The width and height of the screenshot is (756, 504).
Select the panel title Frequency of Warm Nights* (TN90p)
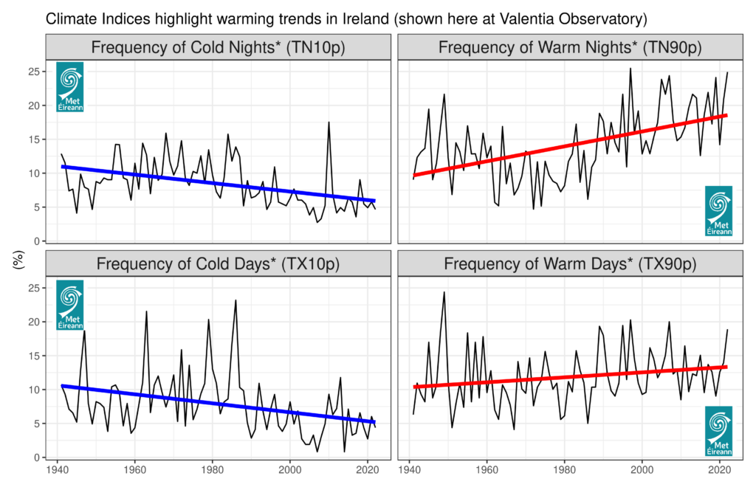[x=569, y=48]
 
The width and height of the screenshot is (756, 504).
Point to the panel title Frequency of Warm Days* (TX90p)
[x=569, y=264]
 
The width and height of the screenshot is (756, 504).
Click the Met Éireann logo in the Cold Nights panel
[x=70, y=87]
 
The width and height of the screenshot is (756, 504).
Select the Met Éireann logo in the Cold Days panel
[x=70, y=304]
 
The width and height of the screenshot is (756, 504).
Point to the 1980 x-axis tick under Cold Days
[x=213, y=470]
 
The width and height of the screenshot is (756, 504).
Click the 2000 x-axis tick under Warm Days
[x=642, y=470]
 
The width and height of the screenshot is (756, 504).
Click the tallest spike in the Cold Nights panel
[x=329, y=122]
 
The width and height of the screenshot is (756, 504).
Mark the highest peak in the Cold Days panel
[x=236, y=300]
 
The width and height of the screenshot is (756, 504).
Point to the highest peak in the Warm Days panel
[x=444, y=292]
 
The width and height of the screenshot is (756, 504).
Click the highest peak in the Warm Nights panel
[x=630, y=69]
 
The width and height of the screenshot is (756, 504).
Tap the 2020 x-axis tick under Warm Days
[x=720, y=470]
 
